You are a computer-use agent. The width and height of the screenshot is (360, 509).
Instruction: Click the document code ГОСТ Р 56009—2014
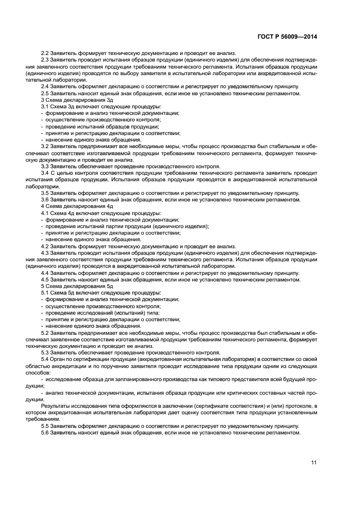tap(287, 36)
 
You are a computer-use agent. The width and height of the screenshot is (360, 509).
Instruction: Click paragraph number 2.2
tap(46, 53)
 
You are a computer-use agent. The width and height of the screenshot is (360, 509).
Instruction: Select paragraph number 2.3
tap(46, 60)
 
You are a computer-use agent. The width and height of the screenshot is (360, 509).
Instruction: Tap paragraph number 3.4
tap(46, 173)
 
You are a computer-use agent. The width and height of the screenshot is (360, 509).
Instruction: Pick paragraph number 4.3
tap(46, 253)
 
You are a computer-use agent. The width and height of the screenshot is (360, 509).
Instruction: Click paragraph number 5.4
tap(46, 359)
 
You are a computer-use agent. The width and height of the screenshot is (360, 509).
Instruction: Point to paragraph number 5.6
tap(46, 432)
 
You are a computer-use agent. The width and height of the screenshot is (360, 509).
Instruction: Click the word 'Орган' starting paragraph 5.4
tap(60, 359)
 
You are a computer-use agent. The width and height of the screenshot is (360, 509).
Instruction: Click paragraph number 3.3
tap(46, 167)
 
